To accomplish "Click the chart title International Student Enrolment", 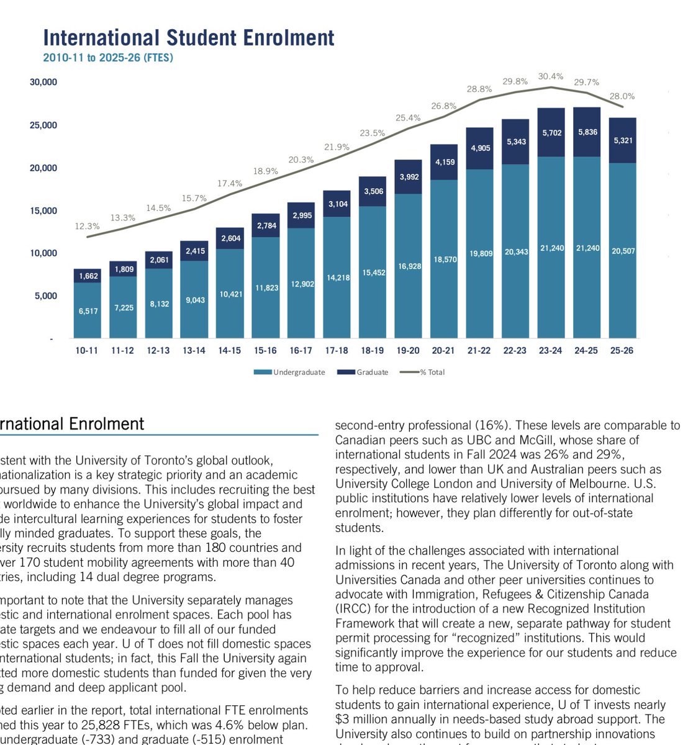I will tap(189, 38).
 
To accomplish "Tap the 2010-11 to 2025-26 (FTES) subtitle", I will tap(108, 58).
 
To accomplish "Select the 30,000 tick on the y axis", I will tap(43, 82).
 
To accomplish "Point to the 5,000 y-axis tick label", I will tap(46, 296).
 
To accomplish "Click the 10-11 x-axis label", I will tap(87, 351).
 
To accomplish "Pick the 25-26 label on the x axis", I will tap(622, 351).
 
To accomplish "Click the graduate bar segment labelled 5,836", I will tap(586, 132).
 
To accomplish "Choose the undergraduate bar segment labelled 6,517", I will tap(88, 311).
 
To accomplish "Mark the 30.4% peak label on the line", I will tap(551, 76).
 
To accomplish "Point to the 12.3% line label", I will tap(87, 227).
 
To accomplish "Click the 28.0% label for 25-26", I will tap(622, 96).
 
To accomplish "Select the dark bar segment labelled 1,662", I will tap(88, 276).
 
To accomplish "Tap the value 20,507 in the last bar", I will tap(622, 251).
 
